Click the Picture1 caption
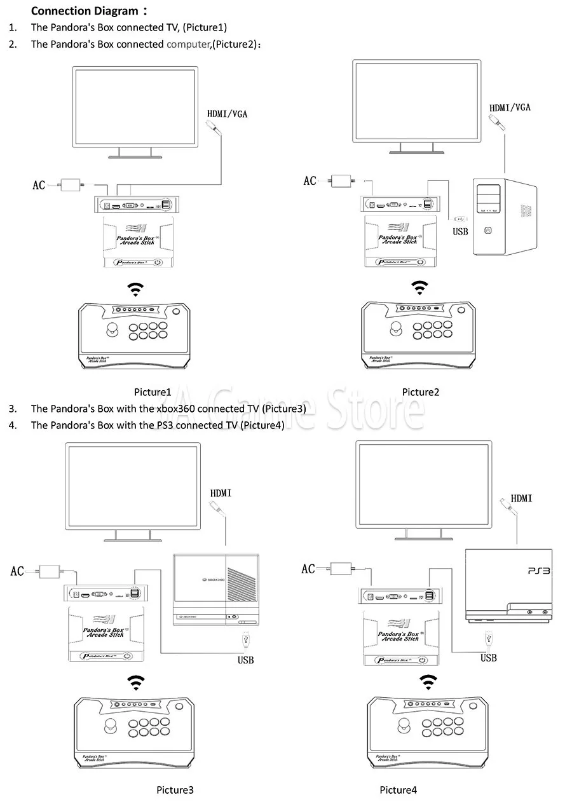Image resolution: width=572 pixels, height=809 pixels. [153, 392]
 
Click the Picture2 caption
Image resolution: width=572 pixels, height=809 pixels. [420, 392]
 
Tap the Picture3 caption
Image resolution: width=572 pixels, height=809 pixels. [175, 790]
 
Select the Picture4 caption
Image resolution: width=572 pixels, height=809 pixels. [398, 790]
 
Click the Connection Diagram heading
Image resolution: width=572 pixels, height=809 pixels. [84, 11]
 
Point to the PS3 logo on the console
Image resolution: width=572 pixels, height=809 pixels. [538, 572]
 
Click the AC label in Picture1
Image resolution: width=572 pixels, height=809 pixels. [39, 186]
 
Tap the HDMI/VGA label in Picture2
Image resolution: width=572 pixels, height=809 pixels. [510, 107]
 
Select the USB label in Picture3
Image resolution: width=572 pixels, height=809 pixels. [246, 660]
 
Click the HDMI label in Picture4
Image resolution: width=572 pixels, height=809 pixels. [522, 499]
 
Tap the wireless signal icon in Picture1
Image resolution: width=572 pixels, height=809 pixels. [134, 290]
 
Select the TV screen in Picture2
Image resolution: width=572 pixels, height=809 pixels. [417, 102]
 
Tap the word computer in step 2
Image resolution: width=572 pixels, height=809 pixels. [188, 44]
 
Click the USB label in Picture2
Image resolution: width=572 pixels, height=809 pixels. [460, 232]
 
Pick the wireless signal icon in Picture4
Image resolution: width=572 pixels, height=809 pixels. [426, 681]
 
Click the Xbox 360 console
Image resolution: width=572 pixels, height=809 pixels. [215, 588]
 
